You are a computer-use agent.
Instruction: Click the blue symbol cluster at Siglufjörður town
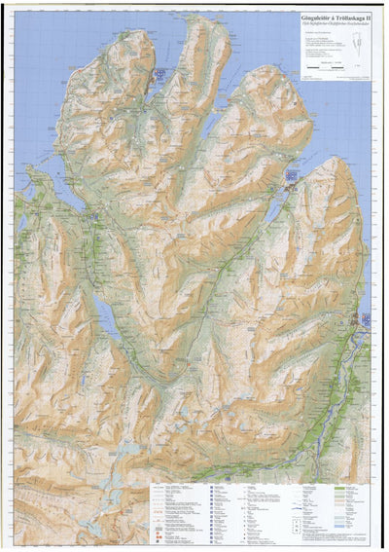(159, 75)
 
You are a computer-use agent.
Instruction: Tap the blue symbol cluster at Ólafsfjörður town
(291, 176)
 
